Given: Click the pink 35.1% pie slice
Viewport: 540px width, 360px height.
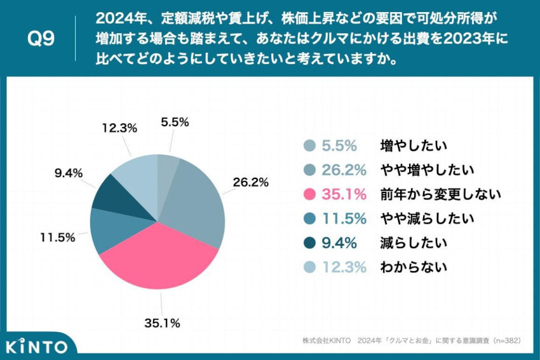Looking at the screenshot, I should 159,257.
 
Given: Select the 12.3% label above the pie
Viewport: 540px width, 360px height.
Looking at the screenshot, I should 119,128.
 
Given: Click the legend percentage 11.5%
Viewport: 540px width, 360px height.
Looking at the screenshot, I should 344,218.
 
